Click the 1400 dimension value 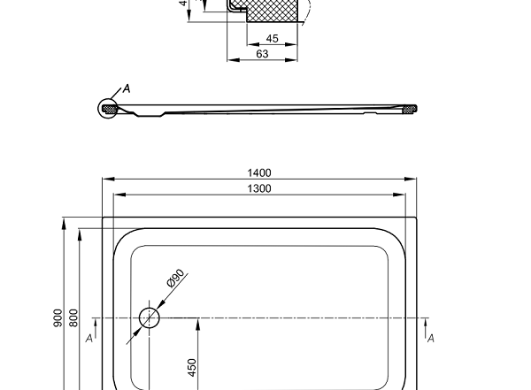point(260,172)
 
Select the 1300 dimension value point(260,188)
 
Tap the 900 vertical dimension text point(58,318)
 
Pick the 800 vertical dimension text point(74,318)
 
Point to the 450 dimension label point(192,367)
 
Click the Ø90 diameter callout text point(174,281)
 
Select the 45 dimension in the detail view point(272,39)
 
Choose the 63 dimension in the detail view point(262,54)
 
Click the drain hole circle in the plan point(149,317)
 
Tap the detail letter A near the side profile point(126,88)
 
